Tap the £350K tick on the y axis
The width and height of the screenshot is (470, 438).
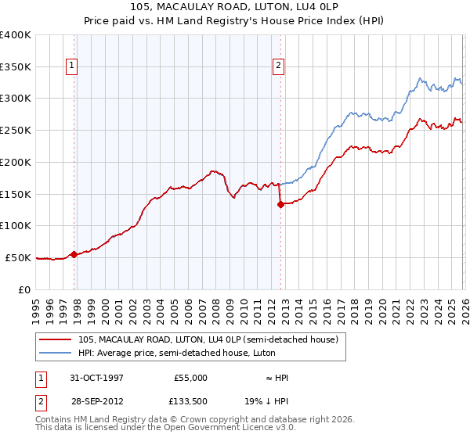[16, 66]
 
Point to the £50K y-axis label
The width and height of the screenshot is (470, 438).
[18, 257]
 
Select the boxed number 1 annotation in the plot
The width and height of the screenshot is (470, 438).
[71, 66]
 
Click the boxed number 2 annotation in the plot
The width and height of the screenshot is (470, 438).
[278, 66]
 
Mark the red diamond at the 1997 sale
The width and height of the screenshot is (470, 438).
[74, 254]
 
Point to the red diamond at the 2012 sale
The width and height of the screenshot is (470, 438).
[280, 204]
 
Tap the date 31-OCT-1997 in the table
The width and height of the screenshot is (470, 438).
[97, 378]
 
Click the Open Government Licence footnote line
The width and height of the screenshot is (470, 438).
[166, 428]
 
